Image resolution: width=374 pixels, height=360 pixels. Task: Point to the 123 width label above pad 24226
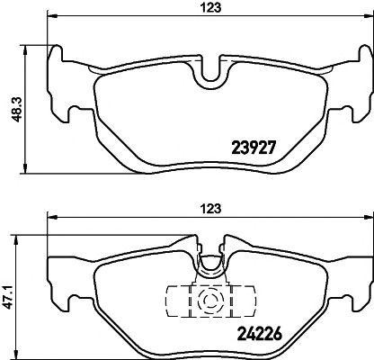tap(209, 208)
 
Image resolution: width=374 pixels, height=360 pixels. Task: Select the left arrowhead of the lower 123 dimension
tap(50, 216)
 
